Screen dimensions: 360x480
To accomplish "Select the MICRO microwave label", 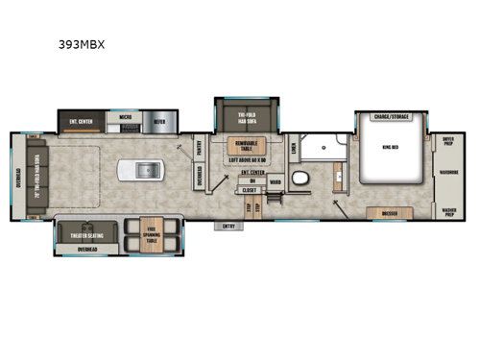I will coord(124,122).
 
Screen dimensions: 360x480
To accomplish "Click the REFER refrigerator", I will coord(159,122).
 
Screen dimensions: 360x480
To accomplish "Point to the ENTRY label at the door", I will coord(228,227).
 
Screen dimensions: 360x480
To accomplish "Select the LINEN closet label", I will coord(292,146).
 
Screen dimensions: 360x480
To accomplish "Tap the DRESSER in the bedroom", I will coord(390,213).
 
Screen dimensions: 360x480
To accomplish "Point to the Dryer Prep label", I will coord(449,140).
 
